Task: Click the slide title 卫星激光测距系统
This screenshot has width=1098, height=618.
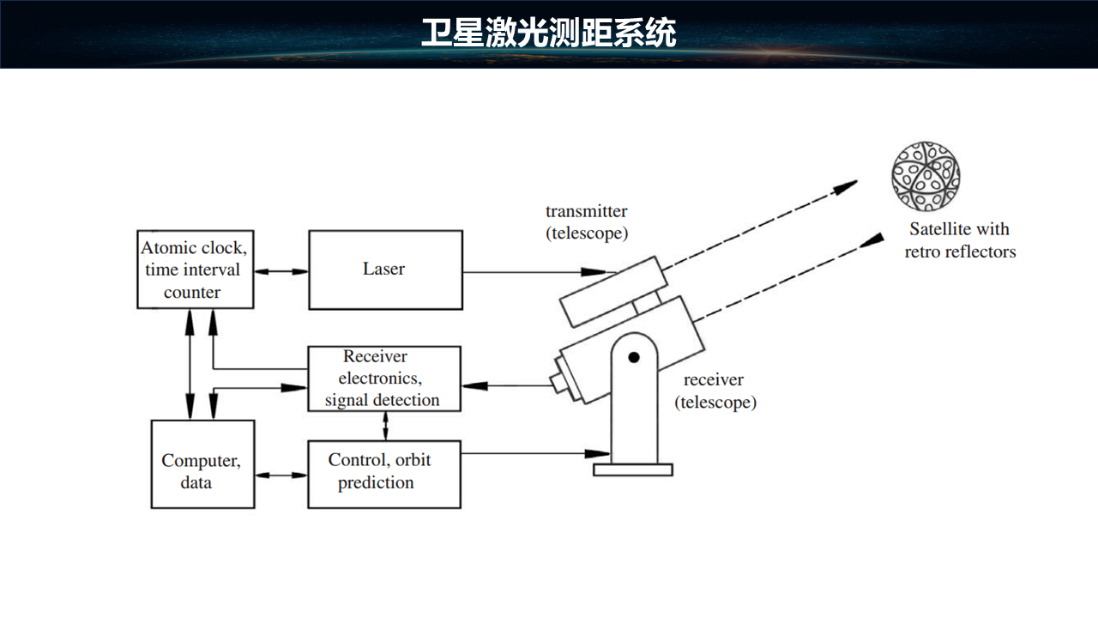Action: (x=549, y=33)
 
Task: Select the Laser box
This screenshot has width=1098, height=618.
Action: (x=384, y=270)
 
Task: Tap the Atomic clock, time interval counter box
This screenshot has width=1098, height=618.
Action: (x=195, y=269)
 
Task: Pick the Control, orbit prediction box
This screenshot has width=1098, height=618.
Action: (x=383, y=473)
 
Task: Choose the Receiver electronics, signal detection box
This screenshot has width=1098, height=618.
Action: (x=383, y=379)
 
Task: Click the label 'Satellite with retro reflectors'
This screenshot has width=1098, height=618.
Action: (x=960, y=240)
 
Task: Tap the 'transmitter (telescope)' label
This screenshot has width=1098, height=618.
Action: (x=587, y=221)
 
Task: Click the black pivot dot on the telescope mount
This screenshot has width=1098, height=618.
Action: (x=633, y=356)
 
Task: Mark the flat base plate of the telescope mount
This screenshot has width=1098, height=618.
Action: (x=633, y=470)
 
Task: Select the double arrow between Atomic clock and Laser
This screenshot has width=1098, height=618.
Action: (x=281, y=271)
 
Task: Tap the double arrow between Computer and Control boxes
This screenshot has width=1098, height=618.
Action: (x=281, y=474)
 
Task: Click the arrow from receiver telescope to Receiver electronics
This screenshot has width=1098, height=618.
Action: (x=506, y=385)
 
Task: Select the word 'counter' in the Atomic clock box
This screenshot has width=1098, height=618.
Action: (x=192, y=292)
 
